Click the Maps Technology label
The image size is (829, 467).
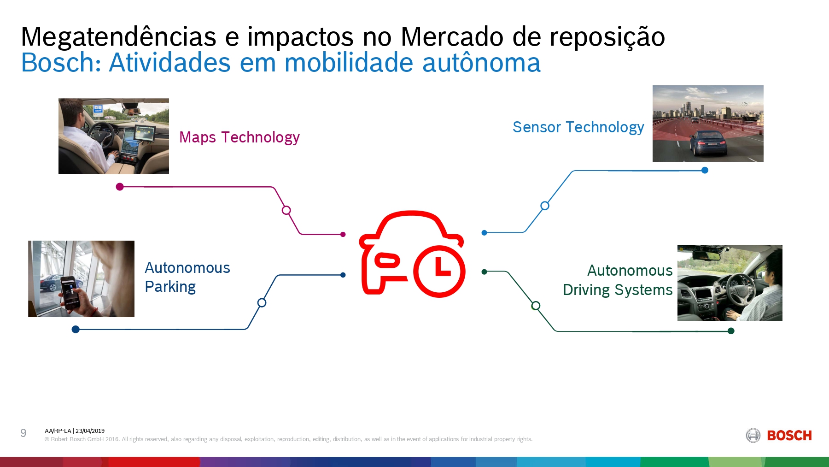pos(239,137)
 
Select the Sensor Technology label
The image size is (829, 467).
pos(578,127)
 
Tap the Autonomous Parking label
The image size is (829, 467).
pos(187,277)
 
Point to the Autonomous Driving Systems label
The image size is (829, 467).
pos(618,280)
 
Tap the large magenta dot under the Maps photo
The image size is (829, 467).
pos(120,187)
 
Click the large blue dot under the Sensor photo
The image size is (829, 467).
pos(705,170)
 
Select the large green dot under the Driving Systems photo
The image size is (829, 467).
pos(731,331)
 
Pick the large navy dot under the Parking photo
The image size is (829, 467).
pos(76,329)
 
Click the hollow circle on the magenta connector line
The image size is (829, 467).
pos(286,210)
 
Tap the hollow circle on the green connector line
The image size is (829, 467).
pos(536,306)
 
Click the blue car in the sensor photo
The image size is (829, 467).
pos(708,142)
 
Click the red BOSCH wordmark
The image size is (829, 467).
pos(789,436)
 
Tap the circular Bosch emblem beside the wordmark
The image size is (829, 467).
pos(753,436)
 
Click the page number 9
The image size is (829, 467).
pos(23,433)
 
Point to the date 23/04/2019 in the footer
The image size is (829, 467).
pos(90,431)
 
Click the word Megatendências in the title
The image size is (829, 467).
pos(118,37)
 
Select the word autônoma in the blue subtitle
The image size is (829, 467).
pos(481,63)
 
